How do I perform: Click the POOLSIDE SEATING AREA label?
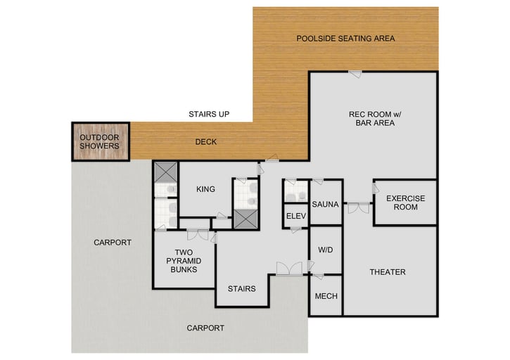(x=345, y=38)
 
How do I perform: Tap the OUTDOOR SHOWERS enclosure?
(x=99, y=141)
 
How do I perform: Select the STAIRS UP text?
(x=209, y=114)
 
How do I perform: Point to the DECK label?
(x=205, y=142)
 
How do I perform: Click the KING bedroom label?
(x=205, y=189)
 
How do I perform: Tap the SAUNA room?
(x=326, y=205)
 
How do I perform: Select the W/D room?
(x=325, y=250)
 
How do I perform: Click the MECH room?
(x=326, y=296)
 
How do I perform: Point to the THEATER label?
(x=388, y=272)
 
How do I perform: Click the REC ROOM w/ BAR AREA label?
(x=371, y=118)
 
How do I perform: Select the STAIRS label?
(x=241, y=288)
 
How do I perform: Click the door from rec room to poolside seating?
(x=357, y=73)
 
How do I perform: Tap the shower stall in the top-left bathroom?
(x=166, y=173)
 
